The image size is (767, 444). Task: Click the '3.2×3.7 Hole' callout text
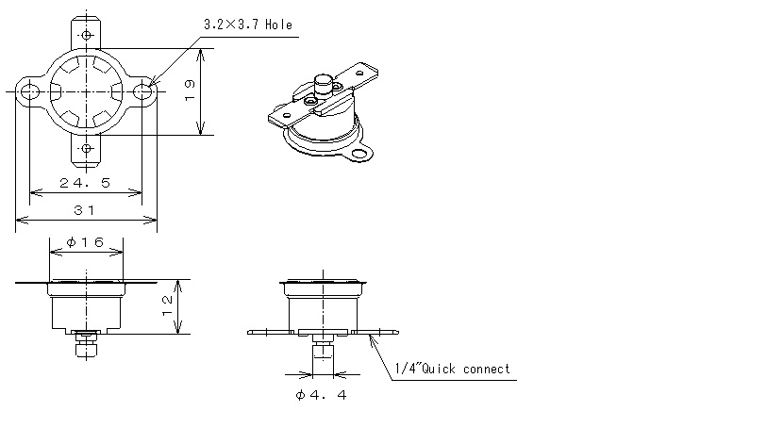click(248, 25)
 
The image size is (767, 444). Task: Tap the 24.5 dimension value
click(85, 183)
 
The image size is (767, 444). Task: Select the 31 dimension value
click(84, 210)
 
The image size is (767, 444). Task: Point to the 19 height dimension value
click(190, 90)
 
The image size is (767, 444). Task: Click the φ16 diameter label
click(85, 242)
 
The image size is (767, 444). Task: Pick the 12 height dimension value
click(167, 305)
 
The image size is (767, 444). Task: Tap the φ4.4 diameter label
click(321, 395)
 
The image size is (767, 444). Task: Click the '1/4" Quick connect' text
click(453, 369)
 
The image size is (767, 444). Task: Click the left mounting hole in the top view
click(30, 91)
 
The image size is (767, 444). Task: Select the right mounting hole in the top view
click(142, 91)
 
